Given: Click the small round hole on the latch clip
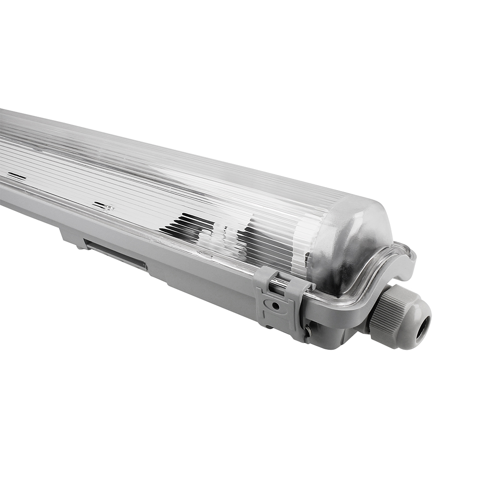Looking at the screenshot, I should [x=275, y=306].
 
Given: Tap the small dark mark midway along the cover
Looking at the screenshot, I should [x=103, y=206].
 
